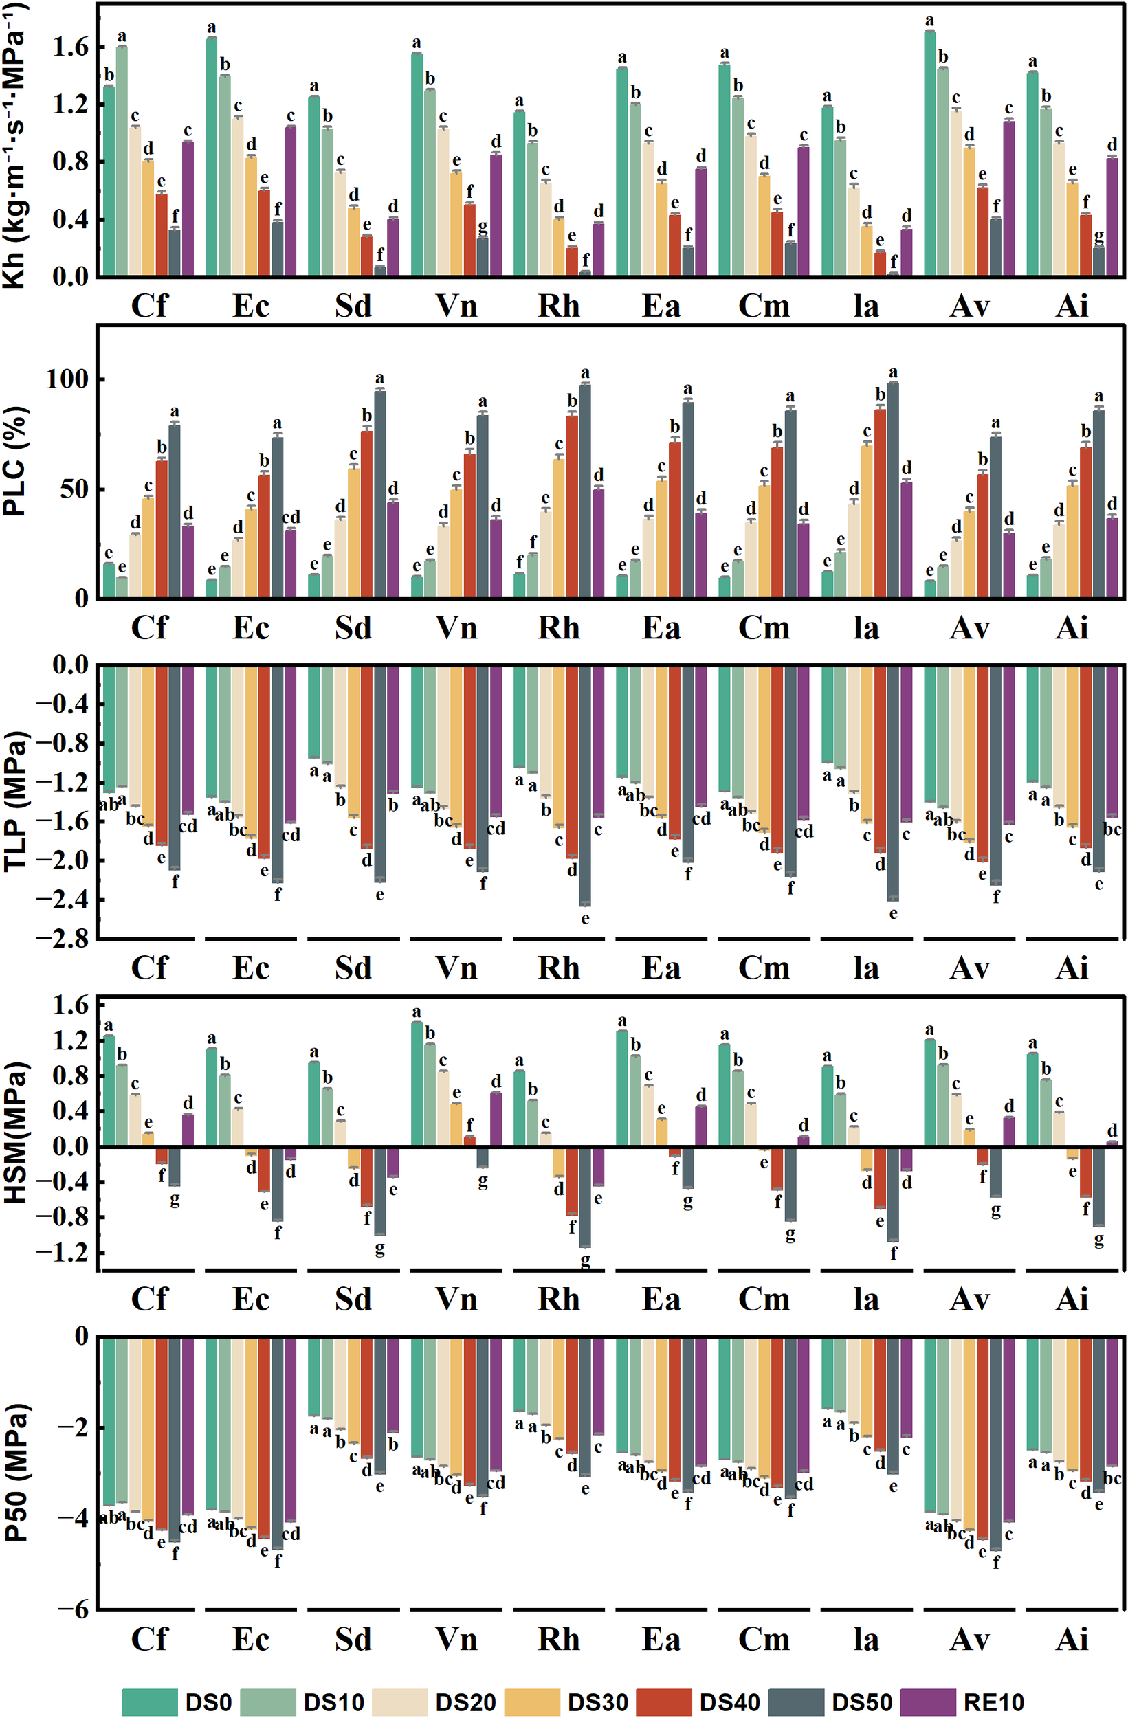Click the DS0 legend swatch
pos(149,1702)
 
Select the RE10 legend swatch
pos(928,1702)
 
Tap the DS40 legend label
pos(729,1702)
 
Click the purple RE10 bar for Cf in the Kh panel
pos(188,209)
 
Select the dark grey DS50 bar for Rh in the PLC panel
pos(585,491)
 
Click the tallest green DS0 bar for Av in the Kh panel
pos(930,153)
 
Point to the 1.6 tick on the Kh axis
pos(71,47)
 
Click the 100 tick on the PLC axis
pos(67,379)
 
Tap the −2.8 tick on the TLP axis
pos(63,939)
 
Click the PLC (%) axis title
pos(15,461)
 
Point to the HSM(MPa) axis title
pos(15,1133)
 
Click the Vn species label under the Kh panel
pos(456,306)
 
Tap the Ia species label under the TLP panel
pos(866,968)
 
